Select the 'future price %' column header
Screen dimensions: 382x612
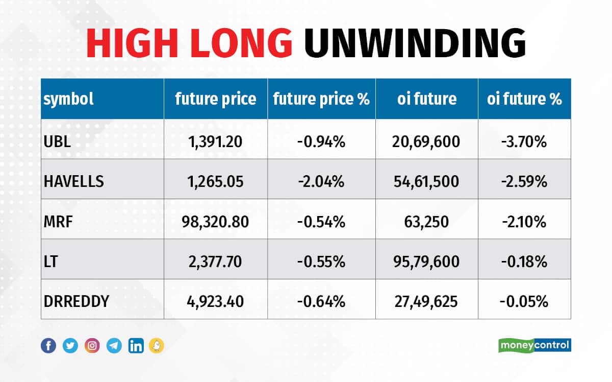321,99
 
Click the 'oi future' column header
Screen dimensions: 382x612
427,99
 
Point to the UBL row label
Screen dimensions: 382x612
57,141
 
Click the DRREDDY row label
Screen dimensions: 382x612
76,301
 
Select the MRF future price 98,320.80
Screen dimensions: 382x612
216,222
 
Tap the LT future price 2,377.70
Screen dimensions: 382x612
216,261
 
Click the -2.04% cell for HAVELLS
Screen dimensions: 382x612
321,181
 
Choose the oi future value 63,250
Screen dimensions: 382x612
427,222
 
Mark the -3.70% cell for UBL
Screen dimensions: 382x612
524,141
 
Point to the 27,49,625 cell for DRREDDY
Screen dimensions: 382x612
427,301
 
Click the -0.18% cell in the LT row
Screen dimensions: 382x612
524,261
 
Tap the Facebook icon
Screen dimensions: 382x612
48,346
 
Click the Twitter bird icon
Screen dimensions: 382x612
70,346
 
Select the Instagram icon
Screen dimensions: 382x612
92,346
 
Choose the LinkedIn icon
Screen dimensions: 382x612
136,346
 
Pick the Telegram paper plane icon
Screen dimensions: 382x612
114,346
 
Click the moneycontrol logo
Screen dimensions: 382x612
534,345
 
